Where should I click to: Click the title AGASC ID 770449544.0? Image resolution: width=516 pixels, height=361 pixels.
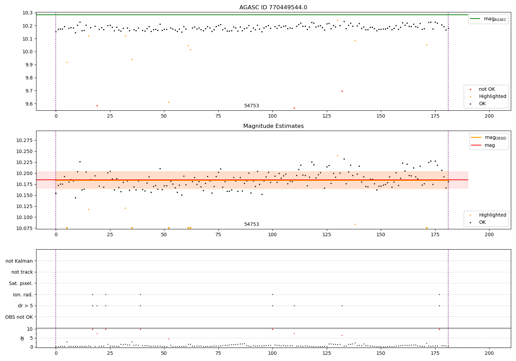(x=273, y=7)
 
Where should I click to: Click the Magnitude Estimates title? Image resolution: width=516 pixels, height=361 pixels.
(x=273, y=126)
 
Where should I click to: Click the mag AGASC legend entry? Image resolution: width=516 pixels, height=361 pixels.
(x=488, y=19)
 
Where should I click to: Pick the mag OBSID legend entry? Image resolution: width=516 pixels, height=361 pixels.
(x=488, y=138)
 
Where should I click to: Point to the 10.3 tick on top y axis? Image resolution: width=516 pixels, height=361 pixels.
(x=28, y=13)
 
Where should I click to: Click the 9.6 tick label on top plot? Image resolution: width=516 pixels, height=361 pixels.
(x=29, y=104)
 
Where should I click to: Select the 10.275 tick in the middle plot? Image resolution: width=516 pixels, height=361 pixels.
(x=24, y=140)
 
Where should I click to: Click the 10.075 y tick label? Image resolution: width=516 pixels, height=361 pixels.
(x=24, y=228)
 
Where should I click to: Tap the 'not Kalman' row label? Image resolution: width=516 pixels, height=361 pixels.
(x=19, y=261)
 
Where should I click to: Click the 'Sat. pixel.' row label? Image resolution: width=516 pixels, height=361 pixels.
(x=21, y=283)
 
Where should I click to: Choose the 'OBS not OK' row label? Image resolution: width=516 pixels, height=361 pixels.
(x=19, y=317)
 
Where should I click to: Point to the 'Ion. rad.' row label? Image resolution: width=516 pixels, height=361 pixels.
(x=23, y=295)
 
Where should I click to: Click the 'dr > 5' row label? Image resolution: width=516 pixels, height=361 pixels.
(x=25, y=306)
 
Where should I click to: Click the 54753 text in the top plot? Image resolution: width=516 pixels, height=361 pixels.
(x=251, y=106)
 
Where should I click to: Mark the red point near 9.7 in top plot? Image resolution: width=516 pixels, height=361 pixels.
(x=342, y=91)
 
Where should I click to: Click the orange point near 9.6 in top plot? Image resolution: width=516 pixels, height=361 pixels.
(x=169, y=102)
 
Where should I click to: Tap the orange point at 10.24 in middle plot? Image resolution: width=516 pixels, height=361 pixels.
(x=338, y=156)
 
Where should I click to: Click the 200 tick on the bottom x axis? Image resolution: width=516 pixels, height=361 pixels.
(x=489, y=353)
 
